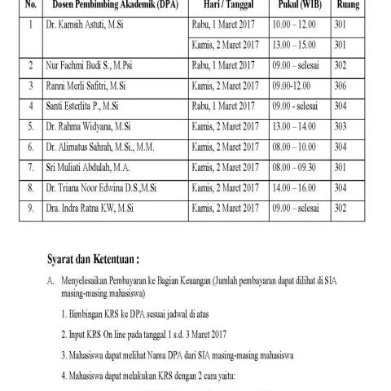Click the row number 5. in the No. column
[30, 126]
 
